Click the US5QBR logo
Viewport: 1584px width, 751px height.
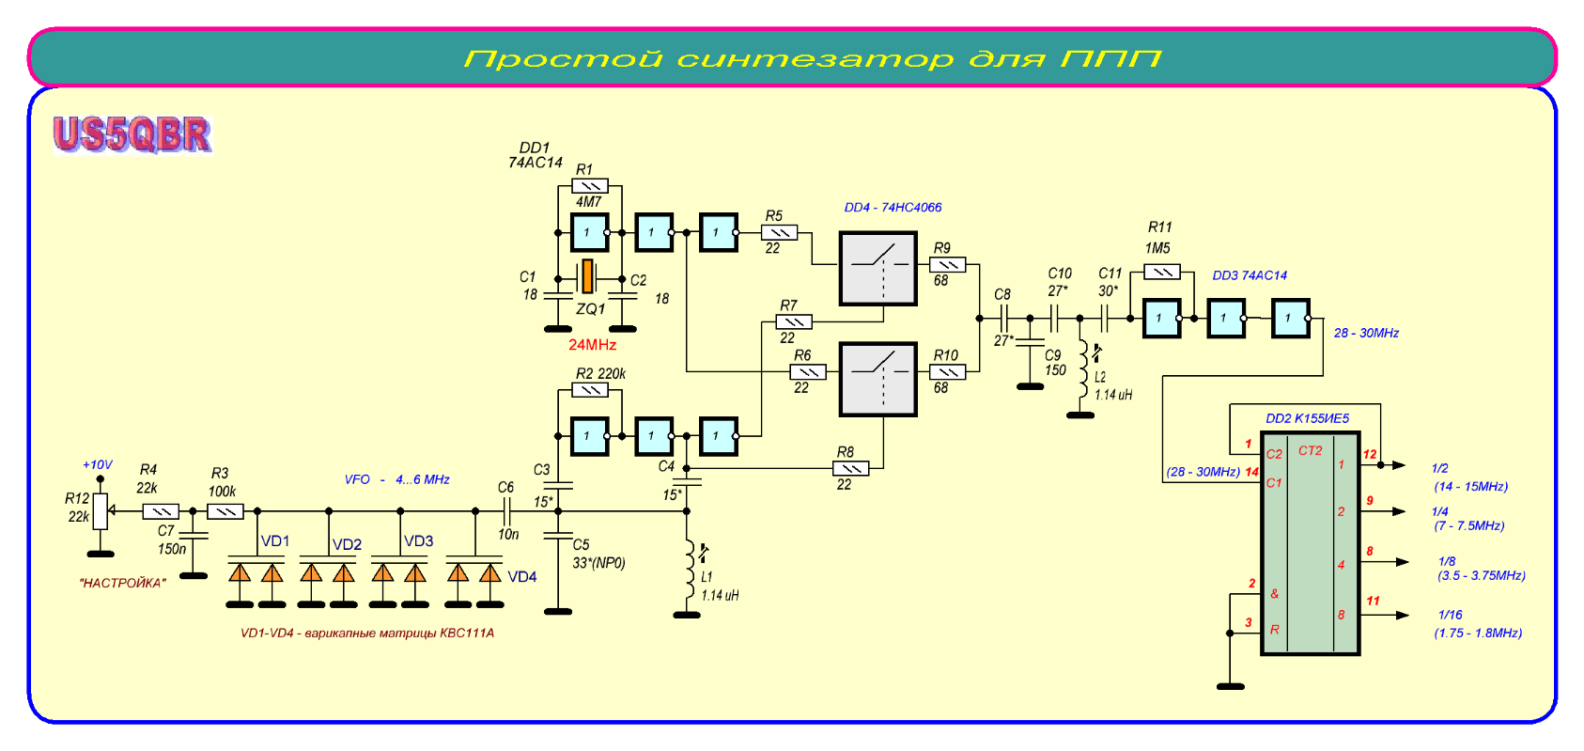coord(132,133)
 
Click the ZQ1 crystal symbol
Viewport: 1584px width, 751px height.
coord(587,276)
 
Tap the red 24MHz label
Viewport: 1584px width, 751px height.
coord(592,345)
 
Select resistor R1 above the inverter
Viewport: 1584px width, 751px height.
coord(589,185)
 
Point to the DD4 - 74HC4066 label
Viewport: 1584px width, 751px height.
coord(893,208)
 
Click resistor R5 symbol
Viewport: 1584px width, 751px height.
coord(779,232)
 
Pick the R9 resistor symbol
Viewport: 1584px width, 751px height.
coord(947,265)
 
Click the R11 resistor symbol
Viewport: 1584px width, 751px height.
coord(1161,272)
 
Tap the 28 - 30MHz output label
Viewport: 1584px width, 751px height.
coord(1366,333)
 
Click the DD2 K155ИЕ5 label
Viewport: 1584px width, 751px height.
coord(1307,418)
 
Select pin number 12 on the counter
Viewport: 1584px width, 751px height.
coord(1370,454)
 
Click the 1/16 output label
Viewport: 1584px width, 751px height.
coord(1450,615)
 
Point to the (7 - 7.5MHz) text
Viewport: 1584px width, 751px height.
coord(1468,525)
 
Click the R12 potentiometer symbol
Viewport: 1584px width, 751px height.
coord(101,511)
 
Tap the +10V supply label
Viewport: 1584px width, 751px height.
coord(97,464)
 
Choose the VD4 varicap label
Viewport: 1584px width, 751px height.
coord(522,577)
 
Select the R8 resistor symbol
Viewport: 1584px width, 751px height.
coord(851,468)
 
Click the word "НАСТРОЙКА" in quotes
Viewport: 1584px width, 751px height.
coord(123,583)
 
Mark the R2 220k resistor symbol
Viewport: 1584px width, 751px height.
coord(589,390)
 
